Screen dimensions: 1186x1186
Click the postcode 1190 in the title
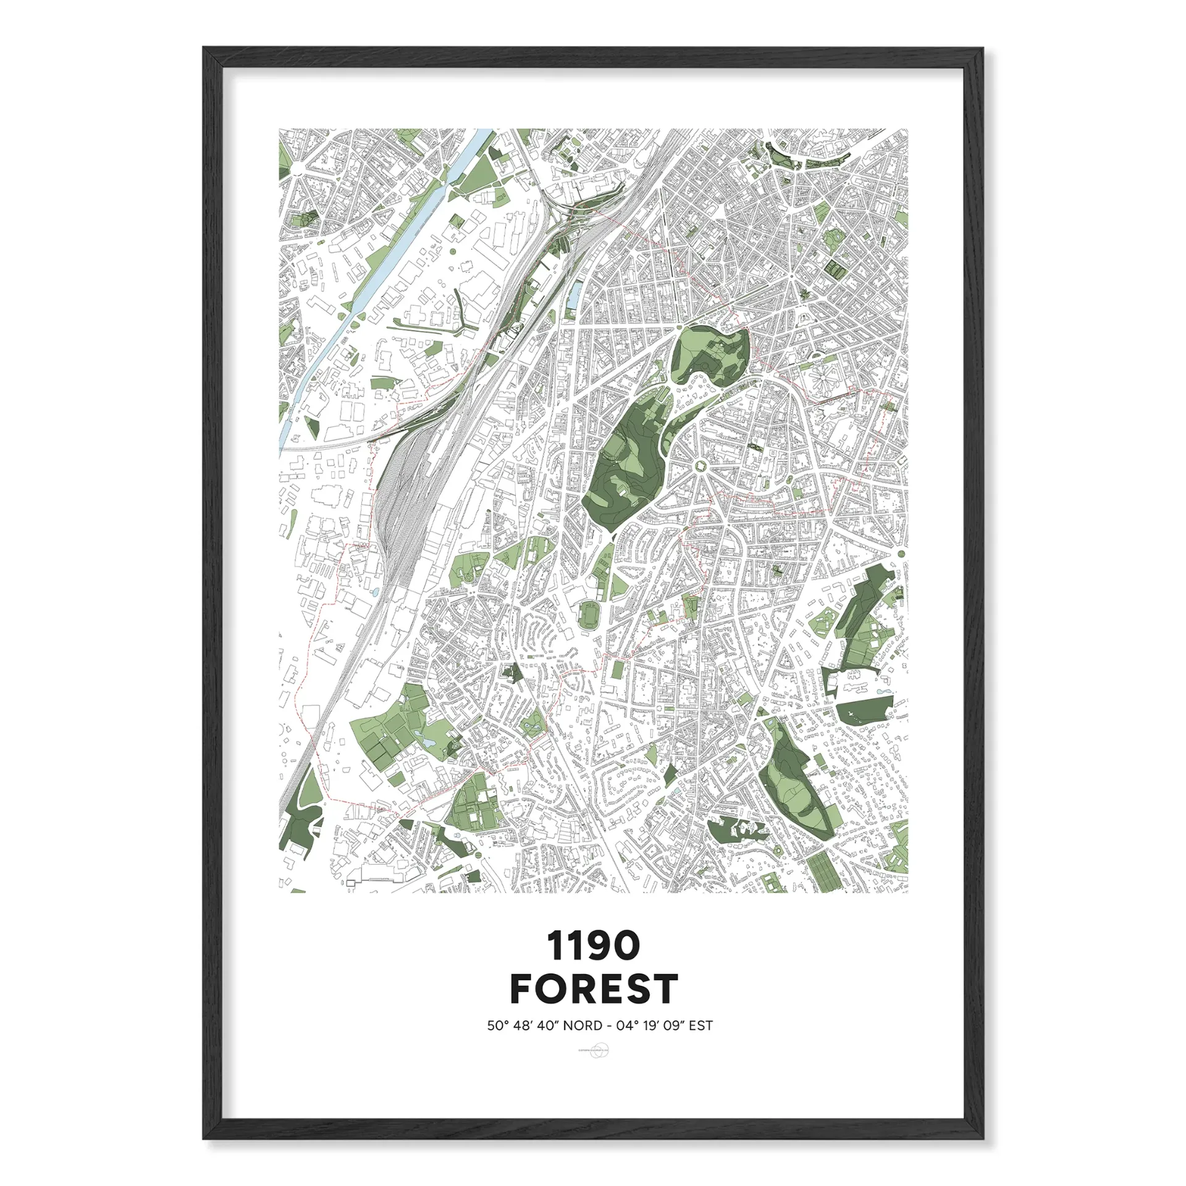click(593, 946)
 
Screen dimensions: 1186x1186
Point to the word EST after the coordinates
click(700, 1026)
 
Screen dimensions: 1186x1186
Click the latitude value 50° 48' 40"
click(523, 1026)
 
